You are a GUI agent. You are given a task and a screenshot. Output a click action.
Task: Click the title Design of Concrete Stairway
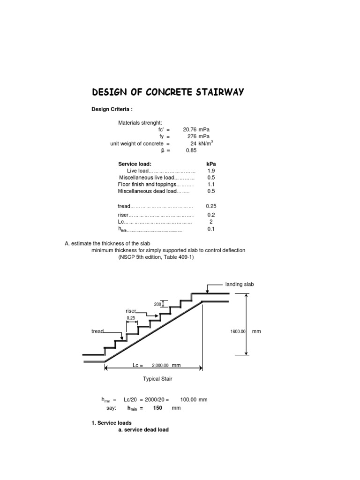coord(167,92)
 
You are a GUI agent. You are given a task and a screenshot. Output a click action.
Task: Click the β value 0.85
coord(191,150)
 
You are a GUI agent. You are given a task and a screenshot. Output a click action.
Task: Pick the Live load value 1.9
coord(210,171)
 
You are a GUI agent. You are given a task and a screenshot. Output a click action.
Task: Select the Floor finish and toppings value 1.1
coord(210,185)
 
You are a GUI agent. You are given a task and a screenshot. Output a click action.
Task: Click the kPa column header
coord(211,164)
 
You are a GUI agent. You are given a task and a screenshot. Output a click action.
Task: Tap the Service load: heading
coord(135,164)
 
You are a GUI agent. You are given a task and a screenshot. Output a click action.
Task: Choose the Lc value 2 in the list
coord(211,222)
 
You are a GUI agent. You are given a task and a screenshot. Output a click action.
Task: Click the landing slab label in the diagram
coord(240,285)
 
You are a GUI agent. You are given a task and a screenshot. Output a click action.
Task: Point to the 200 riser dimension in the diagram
coord(157,304)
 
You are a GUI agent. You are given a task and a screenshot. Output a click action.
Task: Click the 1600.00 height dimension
coord(238,331)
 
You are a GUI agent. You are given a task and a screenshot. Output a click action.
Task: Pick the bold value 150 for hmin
coord(157,408)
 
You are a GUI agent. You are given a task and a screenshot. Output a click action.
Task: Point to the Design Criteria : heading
coord(112,109)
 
